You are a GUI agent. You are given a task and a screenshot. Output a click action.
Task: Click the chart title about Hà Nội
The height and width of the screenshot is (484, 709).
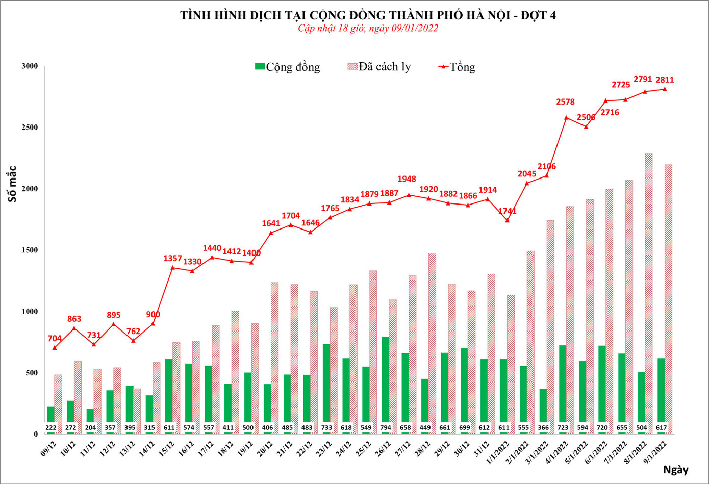pyautogui.click(x=368, y=15)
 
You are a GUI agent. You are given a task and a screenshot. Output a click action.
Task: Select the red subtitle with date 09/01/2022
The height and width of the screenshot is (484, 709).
pyautogui.click(x=368, y=28)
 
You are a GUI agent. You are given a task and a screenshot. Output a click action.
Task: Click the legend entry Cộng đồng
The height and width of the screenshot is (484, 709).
pyautogui.click(x=288, y=67)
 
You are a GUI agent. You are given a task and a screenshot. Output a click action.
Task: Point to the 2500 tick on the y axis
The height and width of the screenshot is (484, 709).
pyautogui.click(x=30, y=127)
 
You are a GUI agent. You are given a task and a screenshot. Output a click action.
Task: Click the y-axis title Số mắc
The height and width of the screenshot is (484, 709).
pyautogui.click(x=12, y=184)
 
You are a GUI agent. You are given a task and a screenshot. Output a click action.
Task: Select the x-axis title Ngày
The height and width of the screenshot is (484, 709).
pyautogui.click(x=676, y=470)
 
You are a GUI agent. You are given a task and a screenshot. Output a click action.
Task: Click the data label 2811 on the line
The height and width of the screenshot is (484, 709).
pyautogui.click(x=665, y=80)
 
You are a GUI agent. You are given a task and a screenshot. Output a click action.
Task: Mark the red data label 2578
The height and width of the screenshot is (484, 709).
pyautogui.click(x=565, y=102)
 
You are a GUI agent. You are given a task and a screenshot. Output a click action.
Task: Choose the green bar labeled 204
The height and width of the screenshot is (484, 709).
pyautogui.click(x=90, y=421)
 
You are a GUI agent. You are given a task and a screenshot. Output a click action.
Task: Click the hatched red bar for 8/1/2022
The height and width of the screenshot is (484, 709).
pyautogui.click(x=649, y=293)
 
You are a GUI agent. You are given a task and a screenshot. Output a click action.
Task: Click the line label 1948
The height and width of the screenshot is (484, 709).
pyautogui.click(x=407, y=179)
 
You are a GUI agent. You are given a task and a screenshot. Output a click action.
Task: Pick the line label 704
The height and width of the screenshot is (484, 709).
pyautogui.click(x=55, y=338)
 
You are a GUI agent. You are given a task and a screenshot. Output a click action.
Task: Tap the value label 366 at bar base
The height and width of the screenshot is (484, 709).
pyautogui.click(x=543, y=427)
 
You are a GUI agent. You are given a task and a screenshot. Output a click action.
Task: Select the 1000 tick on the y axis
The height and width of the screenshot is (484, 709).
pyautogui.click(x=30, y=311)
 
